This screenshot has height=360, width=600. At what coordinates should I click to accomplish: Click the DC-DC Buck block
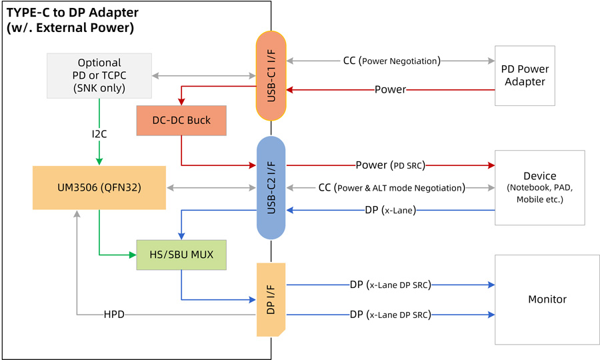[181, 121]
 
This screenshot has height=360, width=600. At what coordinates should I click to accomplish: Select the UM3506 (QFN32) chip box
[99, 187]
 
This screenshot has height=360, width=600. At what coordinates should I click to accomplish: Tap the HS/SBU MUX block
[181, 255]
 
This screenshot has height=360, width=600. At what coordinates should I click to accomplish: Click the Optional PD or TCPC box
[99, 75]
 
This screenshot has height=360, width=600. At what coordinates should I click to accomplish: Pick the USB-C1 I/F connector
[271, 75]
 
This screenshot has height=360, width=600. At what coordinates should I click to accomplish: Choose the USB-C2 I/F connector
[271, 187]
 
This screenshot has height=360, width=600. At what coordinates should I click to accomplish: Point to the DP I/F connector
[271, 299]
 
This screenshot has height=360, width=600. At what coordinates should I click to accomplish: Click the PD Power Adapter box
[525, 75]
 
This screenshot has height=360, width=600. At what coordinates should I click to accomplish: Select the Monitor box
[547, 299]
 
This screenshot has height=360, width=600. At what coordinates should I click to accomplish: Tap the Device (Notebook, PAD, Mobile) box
[539, 187]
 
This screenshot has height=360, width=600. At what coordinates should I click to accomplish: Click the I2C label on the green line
[99, 134]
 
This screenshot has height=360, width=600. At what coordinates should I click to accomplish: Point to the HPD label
[113, 314]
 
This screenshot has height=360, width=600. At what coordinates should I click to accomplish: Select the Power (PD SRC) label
[390, 165]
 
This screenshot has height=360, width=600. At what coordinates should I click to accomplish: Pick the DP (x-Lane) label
[390, 210]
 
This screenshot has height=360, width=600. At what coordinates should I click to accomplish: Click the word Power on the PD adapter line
[390, 89]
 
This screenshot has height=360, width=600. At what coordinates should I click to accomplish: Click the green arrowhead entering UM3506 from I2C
[99, 161]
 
